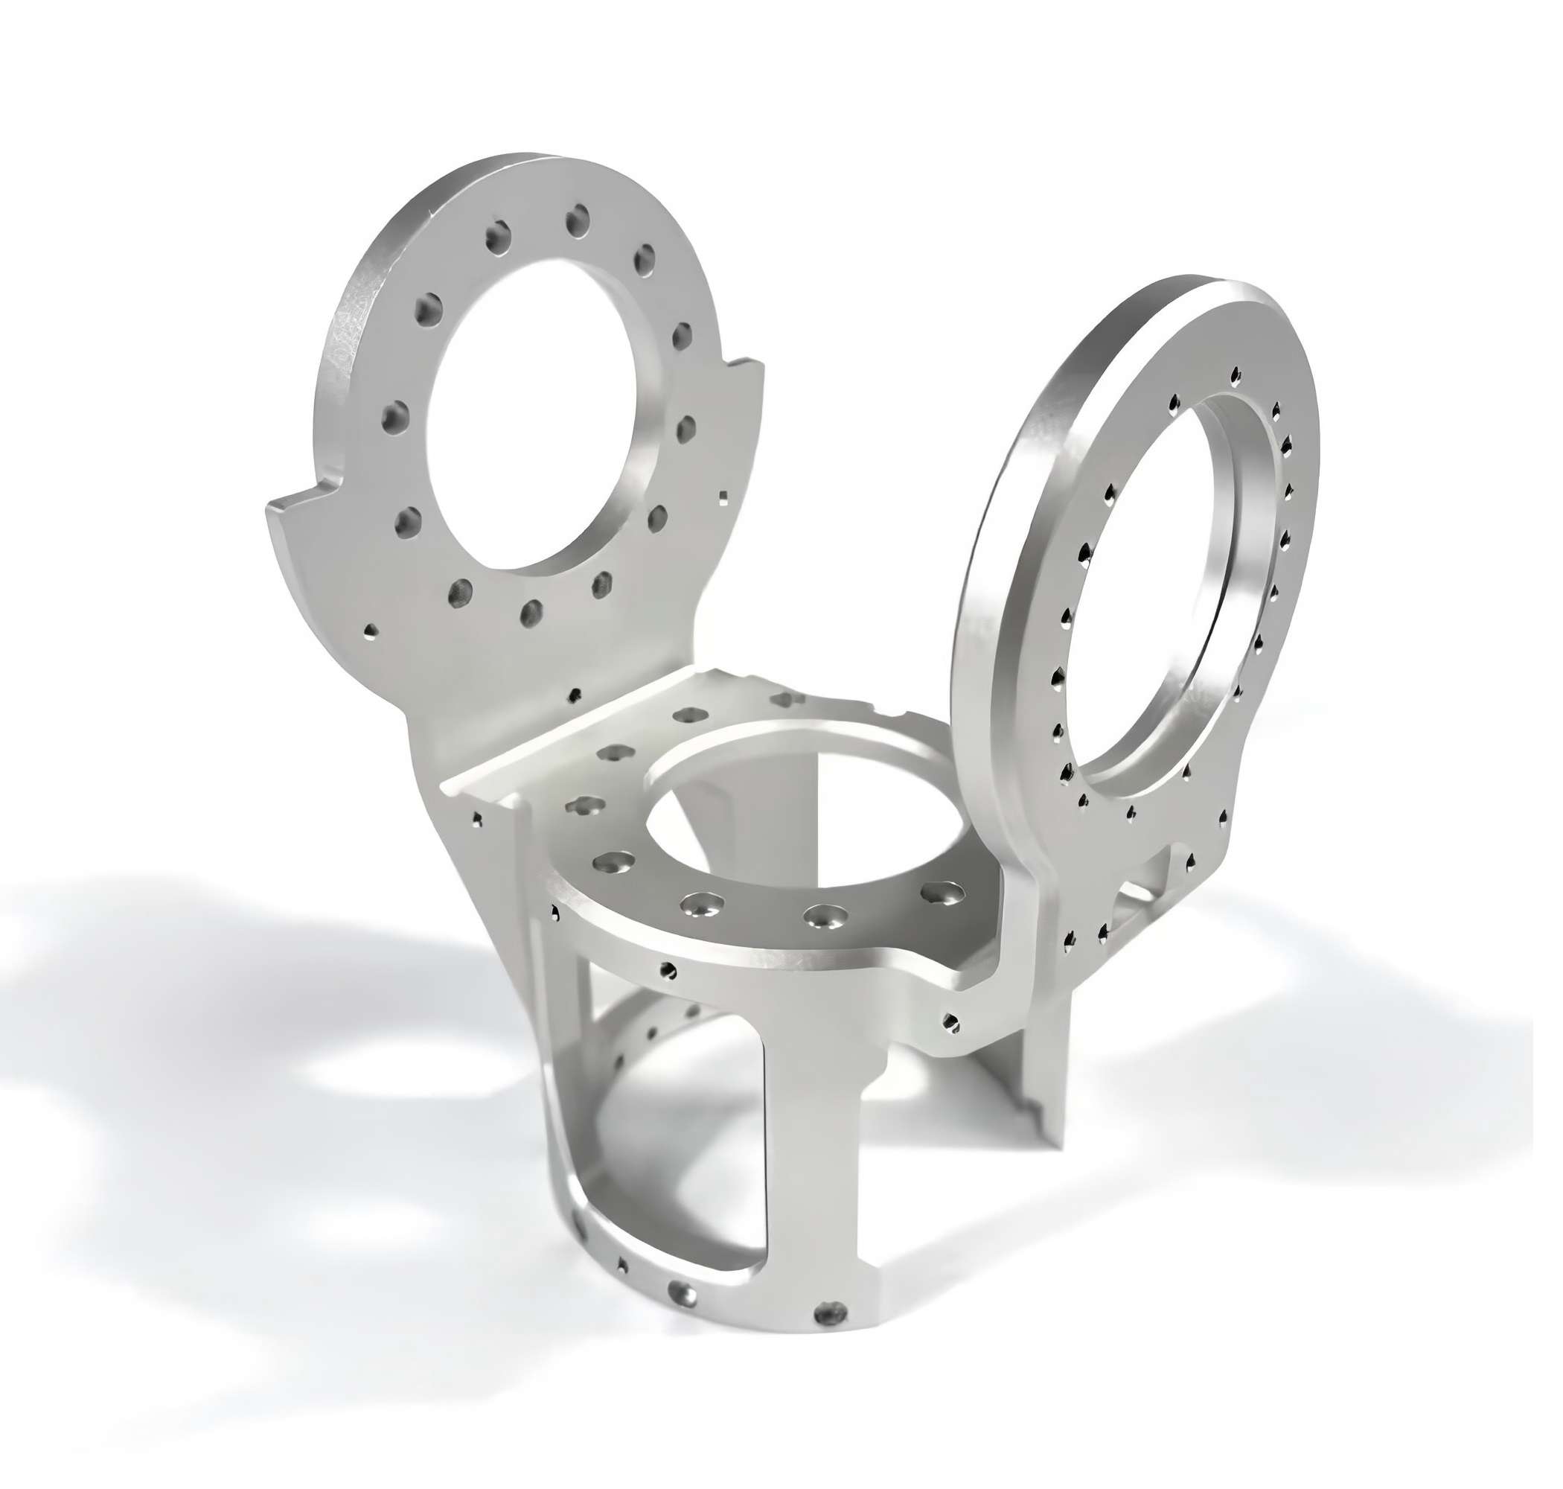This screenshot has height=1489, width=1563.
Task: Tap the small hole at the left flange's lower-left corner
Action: coord(370,632)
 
